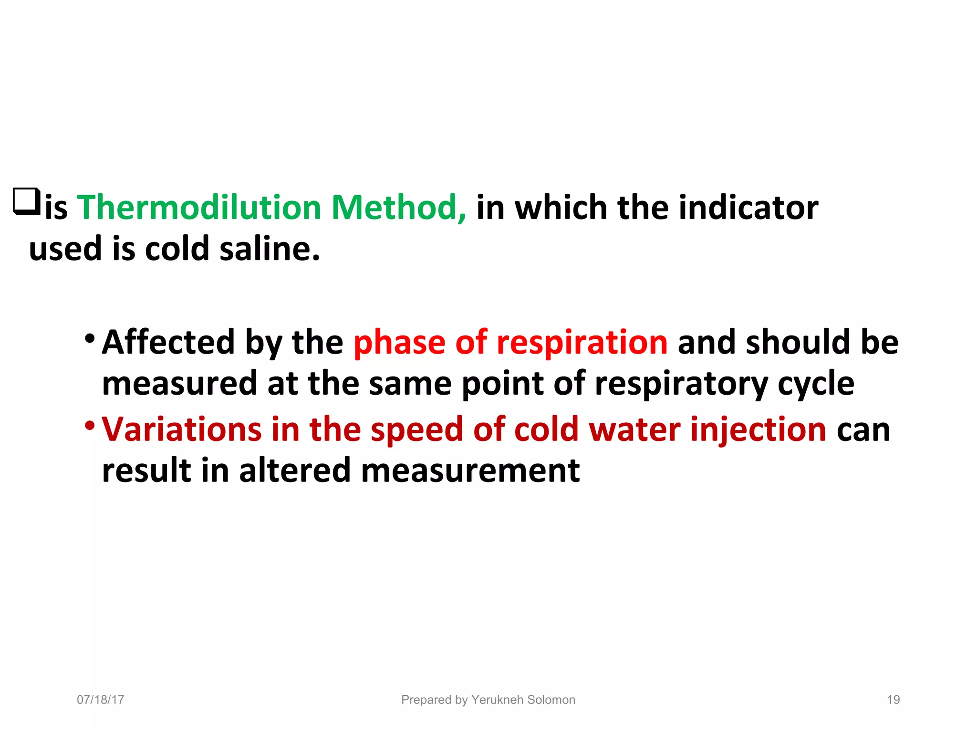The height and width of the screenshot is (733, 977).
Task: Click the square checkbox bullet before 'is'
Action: (27, 202)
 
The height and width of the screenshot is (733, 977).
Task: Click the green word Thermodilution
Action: (199, 208)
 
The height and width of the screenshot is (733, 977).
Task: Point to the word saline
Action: (269, 249)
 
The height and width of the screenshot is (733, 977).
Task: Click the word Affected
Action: (168, 342)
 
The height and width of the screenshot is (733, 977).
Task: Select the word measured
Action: (179, 384)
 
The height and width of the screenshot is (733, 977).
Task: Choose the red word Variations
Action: (182, 429)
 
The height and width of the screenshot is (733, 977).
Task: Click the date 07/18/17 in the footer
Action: (101, 700)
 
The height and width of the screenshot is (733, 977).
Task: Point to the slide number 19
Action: (893, 700)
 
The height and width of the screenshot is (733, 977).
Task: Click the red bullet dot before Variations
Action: (89, 424)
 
